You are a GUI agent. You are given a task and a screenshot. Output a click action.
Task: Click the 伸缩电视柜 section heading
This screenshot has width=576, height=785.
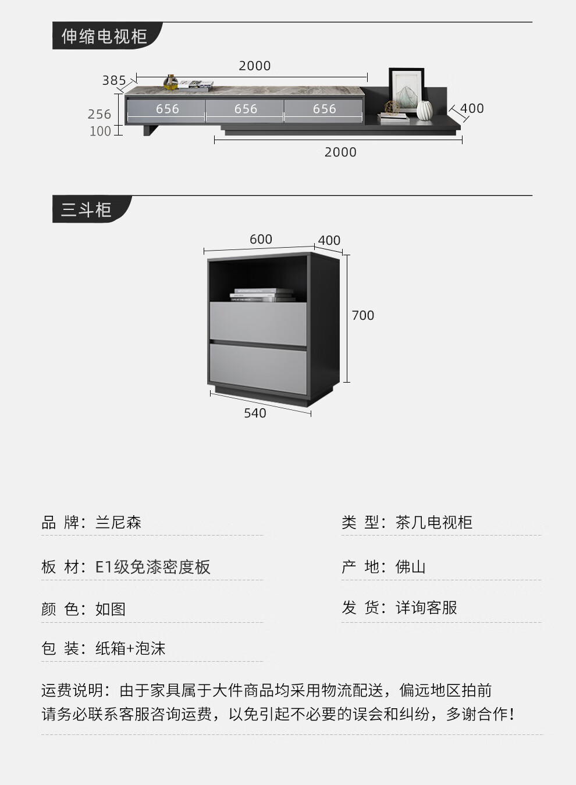point(104,37)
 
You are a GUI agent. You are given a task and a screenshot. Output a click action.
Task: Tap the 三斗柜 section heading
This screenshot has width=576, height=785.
point(86,210)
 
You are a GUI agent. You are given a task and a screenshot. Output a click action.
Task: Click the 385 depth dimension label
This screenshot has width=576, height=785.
point(113,80)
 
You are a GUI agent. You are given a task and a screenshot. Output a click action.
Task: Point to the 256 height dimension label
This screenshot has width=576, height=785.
point(99,115)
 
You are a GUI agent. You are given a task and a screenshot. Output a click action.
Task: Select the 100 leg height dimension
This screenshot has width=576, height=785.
point(100,131)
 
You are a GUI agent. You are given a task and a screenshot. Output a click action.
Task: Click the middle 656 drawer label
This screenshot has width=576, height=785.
point(246,109)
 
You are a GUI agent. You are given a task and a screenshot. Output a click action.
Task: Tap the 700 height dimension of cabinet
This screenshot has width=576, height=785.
point(362,316)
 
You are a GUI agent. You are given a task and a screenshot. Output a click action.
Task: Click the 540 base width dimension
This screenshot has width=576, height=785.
point(255,413)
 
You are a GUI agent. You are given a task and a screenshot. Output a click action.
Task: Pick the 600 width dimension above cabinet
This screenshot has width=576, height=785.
point(261,240)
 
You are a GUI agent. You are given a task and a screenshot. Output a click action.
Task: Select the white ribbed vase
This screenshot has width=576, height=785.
point(424,110)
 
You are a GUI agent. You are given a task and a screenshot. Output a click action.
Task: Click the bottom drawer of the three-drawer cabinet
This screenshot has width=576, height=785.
point(258,370)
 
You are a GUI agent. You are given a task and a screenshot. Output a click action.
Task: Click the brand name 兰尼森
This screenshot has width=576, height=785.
point(118,522)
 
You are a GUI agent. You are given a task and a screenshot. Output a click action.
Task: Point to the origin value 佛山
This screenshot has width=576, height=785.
point(410,567)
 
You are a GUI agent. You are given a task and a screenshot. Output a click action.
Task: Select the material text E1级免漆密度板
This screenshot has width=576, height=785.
point(152,567)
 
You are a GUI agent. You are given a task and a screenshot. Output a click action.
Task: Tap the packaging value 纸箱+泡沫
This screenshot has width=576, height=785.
point(130,648)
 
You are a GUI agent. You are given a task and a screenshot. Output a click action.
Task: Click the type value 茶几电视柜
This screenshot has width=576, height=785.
point(433,522)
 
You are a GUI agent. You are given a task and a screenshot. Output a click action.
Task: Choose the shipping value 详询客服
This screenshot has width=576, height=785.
point(426,608)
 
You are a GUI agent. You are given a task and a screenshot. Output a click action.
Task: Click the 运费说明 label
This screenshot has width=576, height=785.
point(73,690)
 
